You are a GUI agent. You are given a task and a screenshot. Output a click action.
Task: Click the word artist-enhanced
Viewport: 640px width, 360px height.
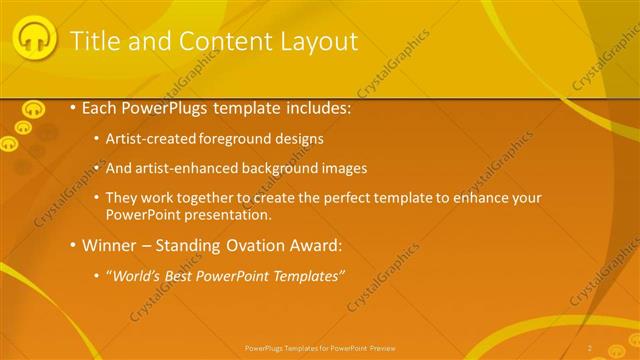pos(201,168)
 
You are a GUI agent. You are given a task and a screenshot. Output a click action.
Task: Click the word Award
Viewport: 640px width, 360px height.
pos(317,245)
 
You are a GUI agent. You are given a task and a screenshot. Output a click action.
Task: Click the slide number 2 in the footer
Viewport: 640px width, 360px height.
pos(590,347)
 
